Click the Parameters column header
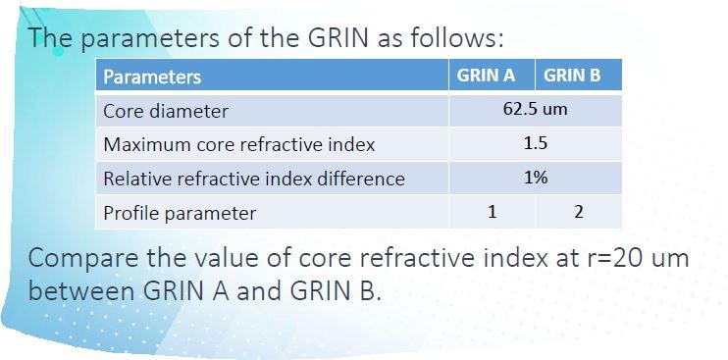coord(152,77)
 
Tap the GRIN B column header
coord(571,76)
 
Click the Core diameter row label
coord(166,111)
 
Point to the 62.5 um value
coord(535,109)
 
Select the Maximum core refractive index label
coord(239,144)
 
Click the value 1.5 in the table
coord(535,143)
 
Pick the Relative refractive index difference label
coord(254,179)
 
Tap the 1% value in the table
coord(535,178)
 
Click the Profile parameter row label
coord(180,213)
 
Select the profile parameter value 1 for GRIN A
coord(492,211)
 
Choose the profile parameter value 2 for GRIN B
coord(578,211)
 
